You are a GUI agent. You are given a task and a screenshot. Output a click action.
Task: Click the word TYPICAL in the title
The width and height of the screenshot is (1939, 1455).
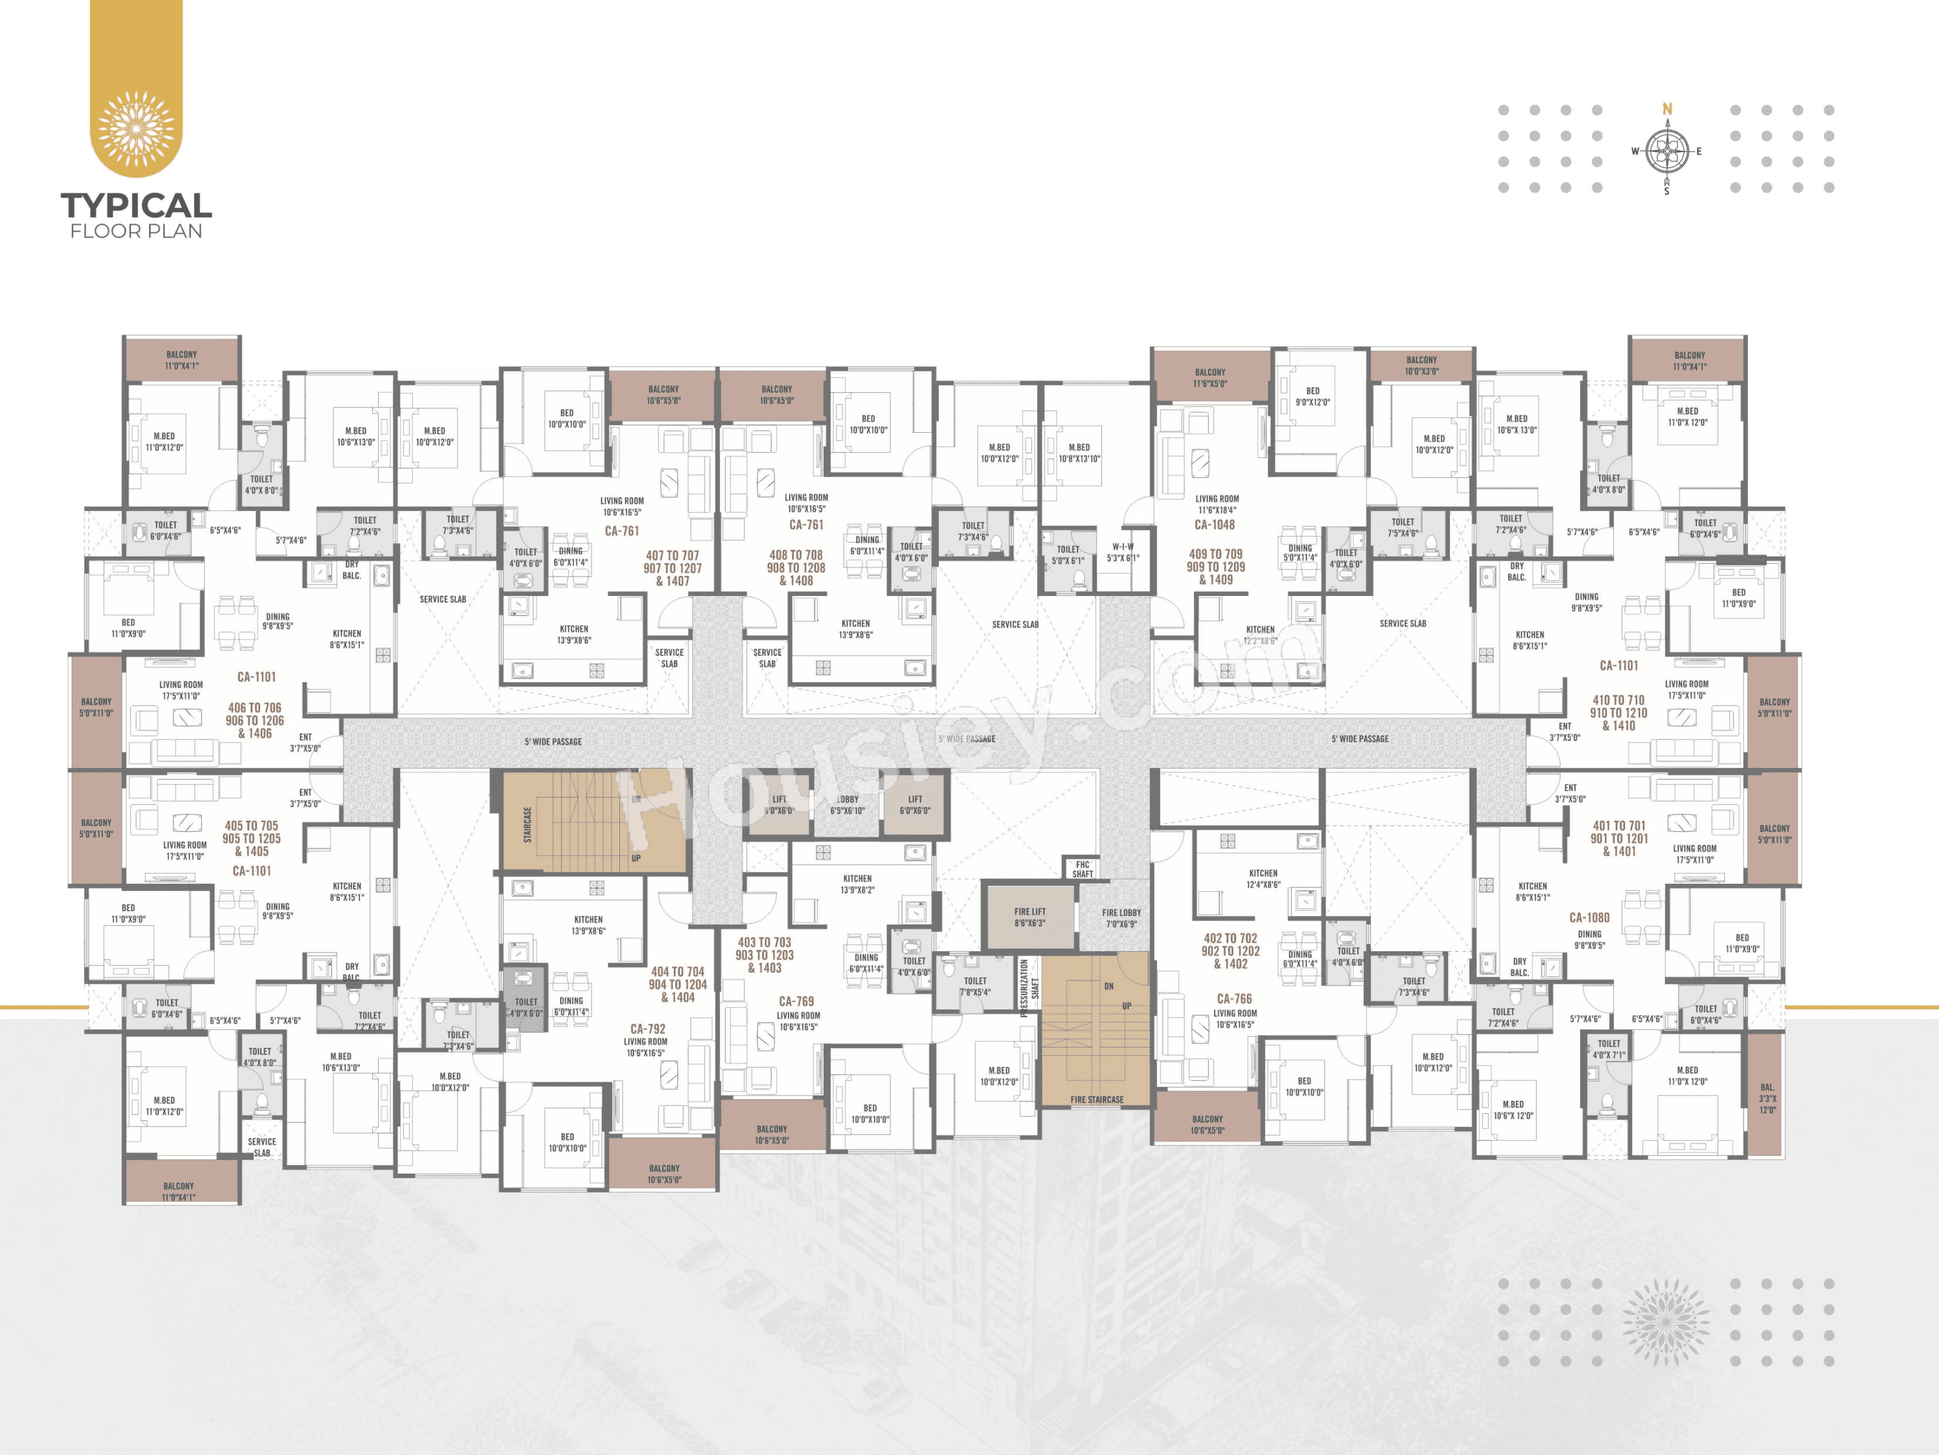pos(136,206)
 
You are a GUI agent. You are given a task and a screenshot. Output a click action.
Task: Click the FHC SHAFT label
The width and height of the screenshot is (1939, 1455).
pos(1083,868)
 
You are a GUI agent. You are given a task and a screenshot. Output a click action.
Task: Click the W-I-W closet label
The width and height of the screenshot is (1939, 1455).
pos(1123,552)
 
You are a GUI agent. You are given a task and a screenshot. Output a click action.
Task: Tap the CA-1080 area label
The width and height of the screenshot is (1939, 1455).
pos(1589,918)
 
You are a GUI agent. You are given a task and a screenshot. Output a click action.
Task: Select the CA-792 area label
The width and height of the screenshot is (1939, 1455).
pos(648,1029)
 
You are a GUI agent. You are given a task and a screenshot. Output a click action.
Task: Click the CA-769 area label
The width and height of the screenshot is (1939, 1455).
pos(796,1001)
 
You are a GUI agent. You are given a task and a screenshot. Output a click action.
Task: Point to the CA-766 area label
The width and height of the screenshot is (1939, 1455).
pos(1234,998)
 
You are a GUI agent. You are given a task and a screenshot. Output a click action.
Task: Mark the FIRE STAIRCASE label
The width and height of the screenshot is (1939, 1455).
pos(1097,1099)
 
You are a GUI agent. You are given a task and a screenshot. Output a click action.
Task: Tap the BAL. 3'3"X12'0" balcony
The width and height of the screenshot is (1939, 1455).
pos(1767,1098)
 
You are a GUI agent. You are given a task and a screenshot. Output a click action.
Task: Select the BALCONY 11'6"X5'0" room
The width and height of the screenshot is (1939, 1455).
pos(1210,378)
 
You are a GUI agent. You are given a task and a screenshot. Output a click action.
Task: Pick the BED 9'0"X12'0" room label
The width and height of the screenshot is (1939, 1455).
pos(1312,396)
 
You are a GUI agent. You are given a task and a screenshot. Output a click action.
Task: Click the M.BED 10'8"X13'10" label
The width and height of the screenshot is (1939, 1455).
pos(1079,452)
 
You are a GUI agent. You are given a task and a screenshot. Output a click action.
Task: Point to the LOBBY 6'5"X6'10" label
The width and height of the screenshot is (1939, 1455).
pos(847,804)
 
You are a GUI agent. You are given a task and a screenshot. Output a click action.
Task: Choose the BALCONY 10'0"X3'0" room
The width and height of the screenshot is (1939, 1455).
pos(1421,365)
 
